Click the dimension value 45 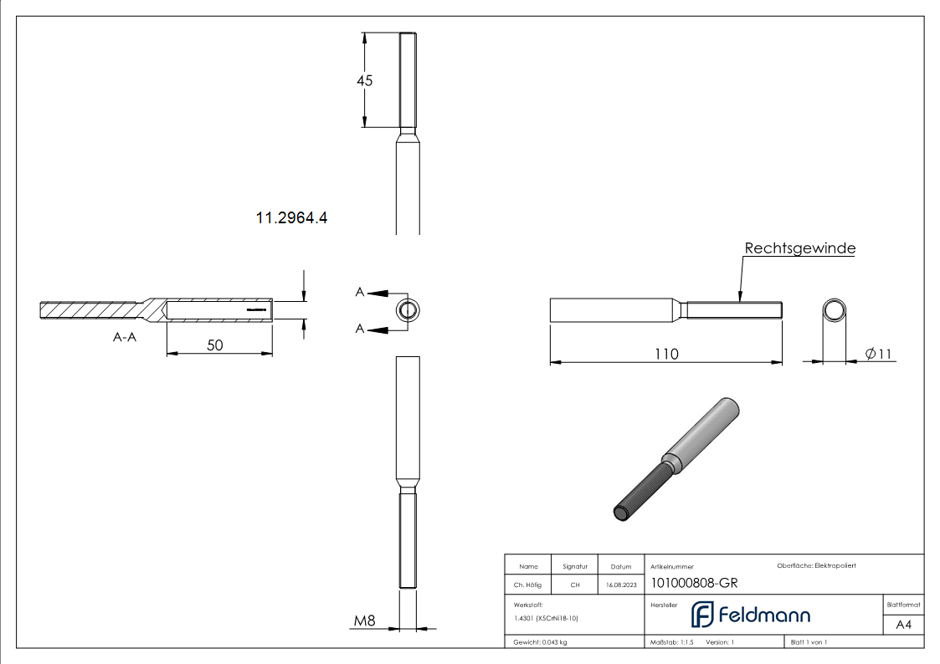364,81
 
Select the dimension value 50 215,344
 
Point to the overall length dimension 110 666,354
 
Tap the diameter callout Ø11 878,354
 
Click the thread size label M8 364,621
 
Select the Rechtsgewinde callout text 799,248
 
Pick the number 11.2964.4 290,218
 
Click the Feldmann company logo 750,615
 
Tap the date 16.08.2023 621,585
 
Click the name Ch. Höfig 528,585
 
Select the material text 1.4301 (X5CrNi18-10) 546,618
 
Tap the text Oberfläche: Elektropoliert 816,566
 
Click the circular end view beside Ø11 834,310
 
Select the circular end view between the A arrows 408,310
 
